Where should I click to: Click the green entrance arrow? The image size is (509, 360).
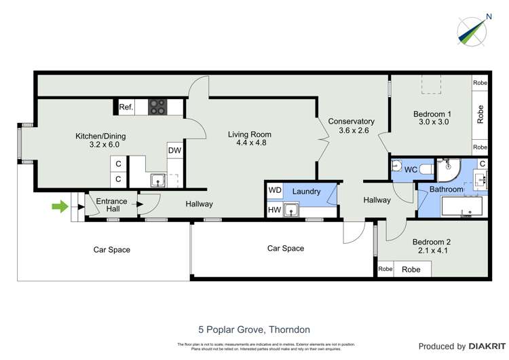60,205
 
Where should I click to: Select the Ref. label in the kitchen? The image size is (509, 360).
126,107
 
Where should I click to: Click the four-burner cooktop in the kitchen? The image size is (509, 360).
158,107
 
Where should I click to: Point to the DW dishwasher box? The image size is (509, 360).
174,151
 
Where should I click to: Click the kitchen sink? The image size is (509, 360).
157,180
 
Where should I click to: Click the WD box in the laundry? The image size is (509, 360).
274,191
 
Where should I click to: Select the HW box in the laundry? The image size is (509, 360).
274,211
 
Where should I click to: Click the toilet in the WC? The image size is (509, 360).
423,168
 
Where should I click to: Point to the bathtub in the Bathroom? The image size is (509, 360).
461,206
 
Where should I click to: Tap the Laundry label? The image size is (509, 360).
306,192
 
